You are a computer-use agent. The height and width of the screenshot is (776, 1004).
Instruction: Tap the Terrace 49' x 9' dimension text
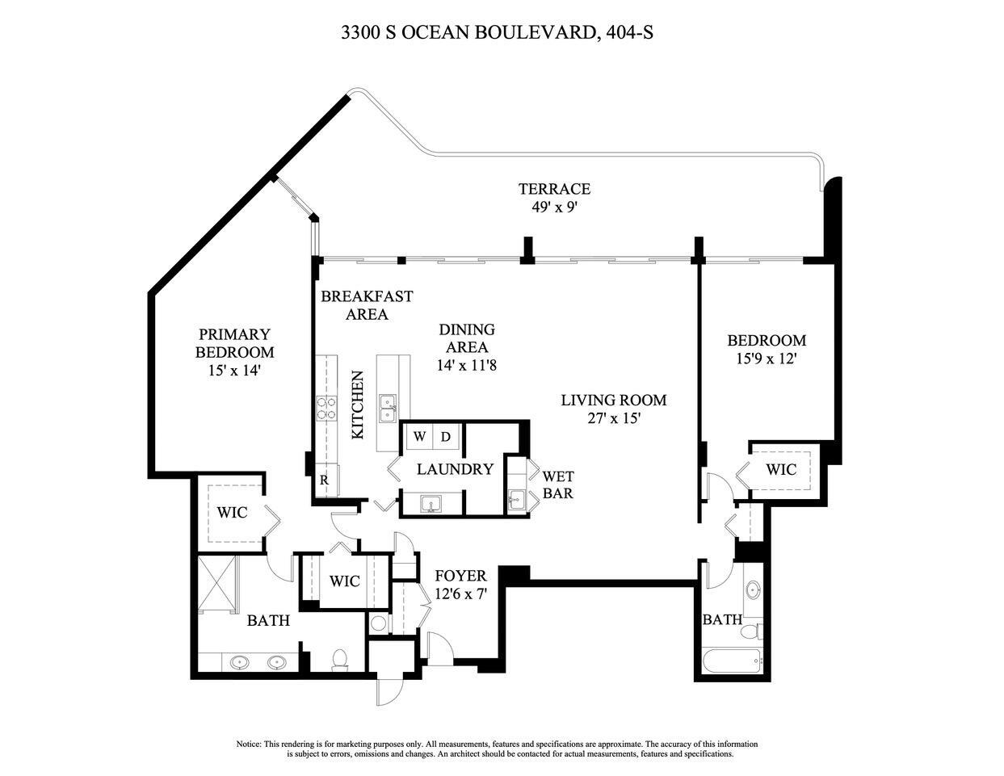coord(553,207)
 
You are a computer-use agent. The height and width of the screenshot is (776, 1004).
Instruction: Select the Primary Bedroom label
coord(234,343)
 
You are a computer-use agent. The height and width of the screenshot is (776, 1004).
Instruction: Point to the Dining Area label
coord(466,338)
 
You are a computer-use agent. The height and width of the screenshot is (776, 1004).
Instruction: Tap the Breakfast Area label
coord(367,305)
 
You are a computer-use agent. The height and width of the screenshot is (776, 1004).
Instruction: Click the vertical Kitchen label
coord(359,405)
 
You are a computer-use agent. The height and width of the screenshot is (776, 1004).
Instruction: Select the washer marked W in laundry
coord(419,437)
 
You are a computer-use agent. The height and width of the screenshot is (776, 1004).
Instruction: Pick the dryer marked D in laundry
coord(446,437)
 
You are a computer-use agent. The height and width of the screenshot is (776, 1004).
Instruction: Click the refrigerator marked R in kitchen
coord(325,480)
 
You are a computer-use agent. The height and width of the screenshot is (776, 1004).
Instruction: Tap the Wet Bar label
coord(557,484)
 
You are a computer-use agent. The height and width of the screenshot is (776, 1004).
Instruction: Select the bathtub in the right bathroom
coord(733,662)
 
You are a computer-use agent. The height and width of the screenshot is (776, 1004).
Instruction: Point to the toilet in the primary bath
coord(340,659)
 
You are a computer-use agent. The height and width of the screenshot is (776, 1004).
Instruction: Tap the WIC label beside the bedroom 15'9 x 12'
coord(780,469)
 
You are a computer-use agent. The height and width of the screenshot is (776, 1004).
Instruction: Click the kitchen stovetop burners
coord(326,408)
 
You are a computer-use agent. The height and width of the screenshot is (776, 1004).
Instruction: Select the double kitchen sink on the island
coord(388,408)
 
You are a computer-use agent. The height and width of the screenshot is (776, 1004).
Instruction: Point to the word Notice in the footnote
coord(249,744)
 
